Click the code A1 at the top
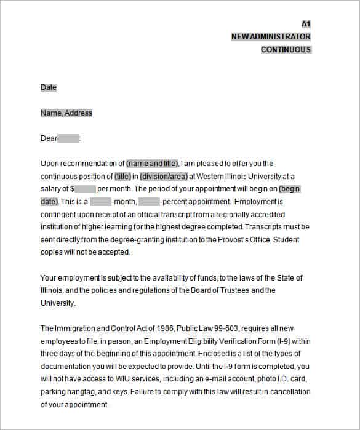click(306, 24)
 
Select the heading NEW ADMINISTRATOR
click(271, 37)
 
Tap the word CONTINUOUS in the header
click(286, 50)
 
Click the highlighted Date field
click(49, 87)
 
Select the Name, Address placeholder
click(66, 113)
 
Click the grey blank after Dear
click(68, 138)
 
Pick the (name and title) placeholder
click(153, 164)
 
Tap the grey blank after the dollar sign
click(85, 189)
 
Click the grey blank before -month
click(100, 202)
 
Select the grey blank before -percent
click(149, 202)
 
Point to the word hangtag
click(81, 392)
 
